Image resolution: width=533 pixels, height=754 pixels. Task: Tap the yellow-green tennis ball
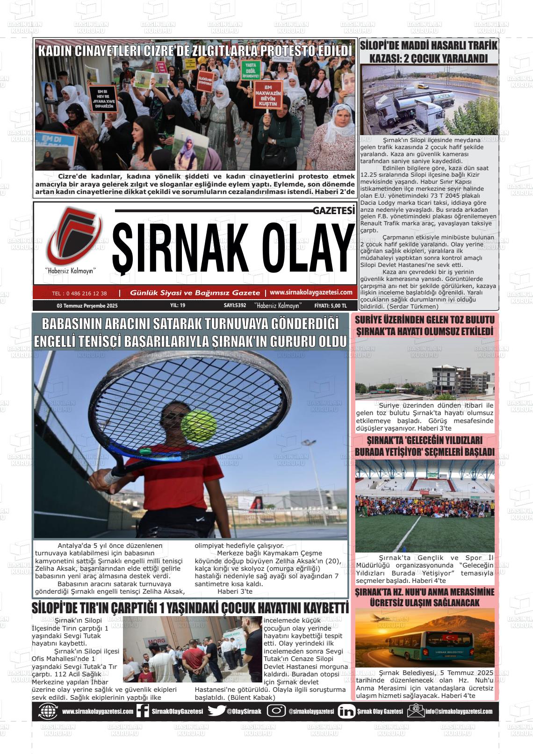[199, 425]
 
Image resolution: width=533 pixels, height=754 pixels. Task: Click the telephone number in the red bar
[79, 294]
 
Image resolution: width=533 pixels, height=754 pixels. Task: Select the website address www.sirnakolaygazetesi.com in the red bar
[311, 292]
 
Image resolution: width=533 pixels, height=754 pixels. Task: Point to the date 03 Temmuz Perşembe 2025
[87, 306]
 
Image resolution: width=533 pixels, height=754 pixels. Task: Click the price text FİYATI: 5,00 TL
[331, 306]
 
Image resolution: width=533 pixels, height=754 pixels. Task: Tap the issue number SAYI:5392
[235, 306]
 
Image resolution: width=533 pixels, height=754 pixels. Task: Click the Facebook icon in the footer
[143, 711]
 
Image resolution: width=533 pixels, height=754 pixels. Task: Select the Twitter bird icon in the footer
[216, 711]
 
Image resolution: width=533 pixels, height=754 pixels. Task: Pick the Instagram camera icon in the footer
[276, 711]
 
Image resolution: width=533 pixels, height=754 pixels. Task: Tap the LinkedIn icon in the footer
[346, 711]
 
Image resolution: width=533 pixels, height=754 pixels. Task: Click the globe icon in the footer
[48, 711]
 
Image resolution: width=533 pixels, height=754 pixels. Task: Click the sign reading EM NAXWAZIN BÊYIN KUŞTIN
[268, 94]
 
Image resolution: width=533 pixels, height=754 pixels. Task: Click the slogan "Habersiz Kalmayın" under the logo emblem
[70, 271]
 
